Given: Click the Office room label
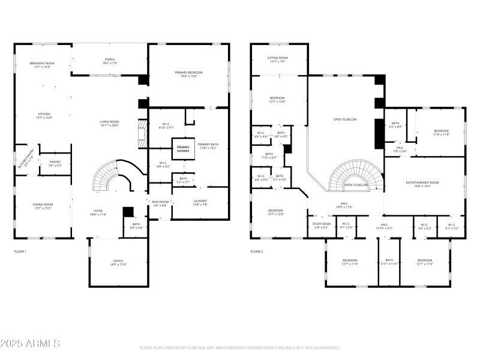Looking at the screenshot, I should coord(118,262).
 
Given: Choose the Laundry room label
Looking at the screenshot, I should coord(200,203).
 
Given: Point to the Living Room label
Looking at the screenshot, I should coord(109,124).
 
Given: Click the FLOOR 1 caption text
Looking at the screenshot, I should coord(20,251).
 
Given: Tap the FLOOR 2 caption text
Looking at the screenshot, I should coord(257,251).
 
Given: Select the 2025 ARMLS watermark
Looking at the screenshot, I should coord(30,344).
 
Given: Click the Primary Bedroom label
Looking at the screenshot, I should coord(189,74).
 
